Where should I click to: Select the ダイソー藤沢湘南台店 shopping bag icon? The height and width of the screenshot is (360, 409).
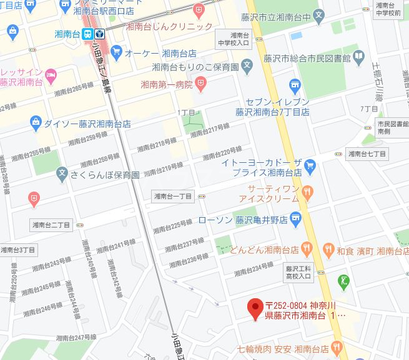[36, 122]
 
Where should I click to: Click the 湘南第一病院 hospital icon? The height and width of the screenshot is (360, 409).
[200, 82]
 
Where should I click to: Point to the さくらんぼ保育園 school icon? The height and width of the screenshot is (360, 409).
[61, 172]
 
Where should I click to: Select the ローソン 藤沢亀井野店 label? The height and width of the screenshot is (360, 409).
[242, 220]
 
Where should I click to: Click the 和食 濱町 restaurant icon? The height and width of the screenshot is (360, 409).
[327, 250]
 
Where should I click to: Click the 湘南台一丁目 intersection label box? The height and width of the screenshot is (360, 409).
[173, 197]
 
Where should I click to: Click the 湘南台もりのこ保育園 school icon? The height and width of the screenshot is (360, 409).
[248, 66]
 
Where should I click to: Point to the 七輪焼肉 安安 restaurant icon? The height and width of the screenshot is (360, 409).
[338, 348]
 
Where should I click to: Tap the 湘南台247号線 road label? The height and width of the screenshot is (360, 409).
[77, 338]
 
